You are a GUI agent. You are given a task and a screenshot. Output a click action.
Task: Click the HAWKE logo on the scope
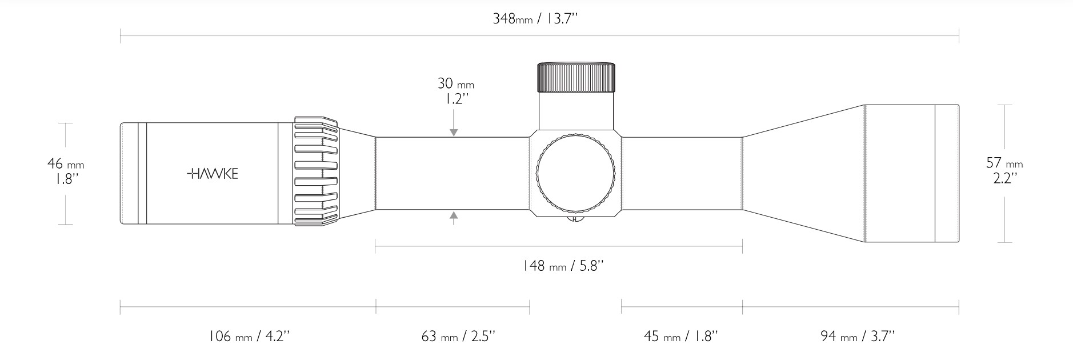point(213,174)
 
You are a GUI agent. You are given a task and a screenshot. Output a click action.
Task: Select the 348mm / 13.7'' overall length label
point(535,19)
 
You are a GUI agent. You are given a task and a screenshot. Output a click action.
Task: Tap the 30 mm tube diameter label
point(455,84)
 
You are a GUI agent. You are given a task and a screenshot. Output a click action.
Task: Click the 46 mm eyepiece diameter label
point(65,164)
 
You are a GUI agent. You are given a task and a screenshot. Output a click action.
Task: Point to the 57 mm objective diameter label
point(1004,163)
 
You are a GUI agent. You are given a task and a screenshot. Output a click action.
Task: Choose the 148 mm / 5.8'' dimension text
point(563,266)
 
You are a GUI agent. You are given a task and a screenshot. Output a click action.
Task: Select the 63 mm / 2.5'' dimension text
point(457,336)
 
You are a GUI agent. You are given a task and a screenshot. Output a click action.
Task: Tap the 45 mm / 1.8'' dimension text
point(680,336)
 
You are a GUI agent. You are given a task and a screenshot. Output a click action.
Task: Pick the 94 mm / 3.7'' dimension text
point(857,336)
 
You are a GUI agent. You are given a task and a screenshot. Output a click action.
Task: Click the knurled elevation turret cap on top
point(575,77)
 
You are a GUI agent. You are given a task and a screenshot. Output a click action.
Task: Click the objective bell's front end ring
point(946,174)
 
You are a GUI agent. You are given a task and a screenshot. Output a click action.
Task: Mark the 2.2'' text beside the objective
point(1004,178)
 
